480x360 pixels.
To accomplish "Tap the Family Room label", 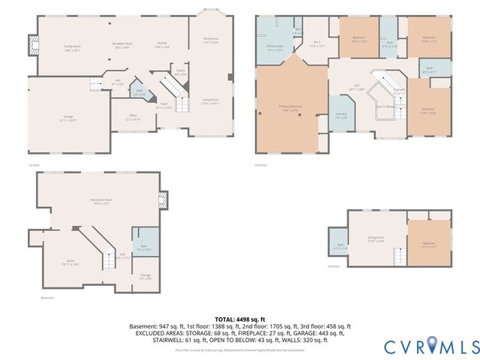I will [72, 47].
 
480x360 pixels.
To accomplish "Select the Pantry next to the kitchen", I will [181, 73].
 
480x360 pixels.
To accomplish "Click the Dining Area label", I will [211, 40].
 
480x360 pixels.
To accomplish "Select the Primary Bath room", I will [275, 49].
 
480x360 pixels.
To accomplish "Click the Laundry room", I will [341, 115].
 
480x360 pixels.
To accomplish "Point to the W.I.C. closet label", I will [317, 46].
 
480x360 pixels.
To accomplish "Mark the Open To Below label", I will [385, 106].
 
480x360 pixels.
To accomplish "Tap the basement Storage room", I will [145, 277].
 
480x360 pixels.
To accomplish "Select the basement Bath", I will [143, 247].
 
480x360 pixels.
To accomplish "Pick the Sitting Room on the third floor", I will [376, 240].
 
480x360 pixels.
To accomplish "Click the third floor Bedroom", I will [428, 244].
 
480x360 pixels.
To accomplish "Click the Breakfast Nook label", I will [121, 46].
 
